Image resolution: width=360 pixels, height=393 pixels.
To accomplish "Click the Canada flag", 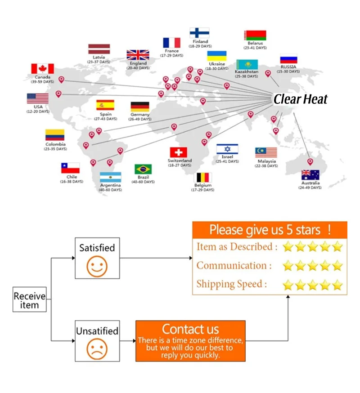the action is tap(42, 69).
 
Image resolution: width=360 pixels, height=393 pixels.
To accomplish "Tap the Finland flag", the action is tap(199, 33).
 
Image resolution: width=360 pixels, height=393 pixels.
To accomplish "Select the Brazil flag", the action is tap(143, 169).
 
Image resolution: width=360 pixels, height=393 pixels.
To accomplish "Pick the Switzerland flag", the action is tap(178, 152).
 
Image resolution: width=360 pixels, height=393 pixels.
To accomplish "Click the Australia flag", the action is tap(310, 175).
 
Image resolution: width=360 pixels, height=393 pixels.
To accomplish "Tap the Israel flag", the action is tap(227, 149).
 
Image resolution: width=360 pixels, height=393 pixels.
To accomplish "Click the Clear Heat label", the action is tap(301, 99).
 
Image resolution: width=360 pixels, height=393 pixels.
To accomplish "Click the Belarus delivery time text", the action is tap(255, 48).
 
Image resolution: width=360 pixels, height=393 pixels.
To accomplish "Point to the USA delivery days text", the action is tap(38, 111).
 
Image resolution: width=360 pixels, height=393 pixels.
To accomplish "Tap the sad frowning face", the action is tap(97, 349).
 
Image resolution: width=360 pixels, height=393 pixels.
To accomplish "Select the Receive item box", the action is tap(30, 300).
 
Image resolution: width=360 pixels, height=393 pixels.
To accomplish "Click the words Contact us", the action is tap(190, 329).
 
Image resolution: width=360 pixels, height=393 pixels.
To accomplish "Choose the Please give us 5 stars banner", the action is tap(270, 230).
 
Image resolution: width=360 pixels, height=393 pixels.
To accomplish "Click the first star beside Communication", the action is tap(288, 266).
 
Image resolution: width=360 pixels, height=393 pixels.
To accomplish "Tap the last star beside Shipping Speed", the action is tap(337, 285).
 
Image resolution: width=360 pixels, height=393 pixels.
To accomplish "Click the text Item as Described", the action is tap(234, 247).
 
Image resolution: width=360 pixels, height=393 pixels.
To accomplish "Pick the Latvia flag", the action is tap(99, 49).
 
